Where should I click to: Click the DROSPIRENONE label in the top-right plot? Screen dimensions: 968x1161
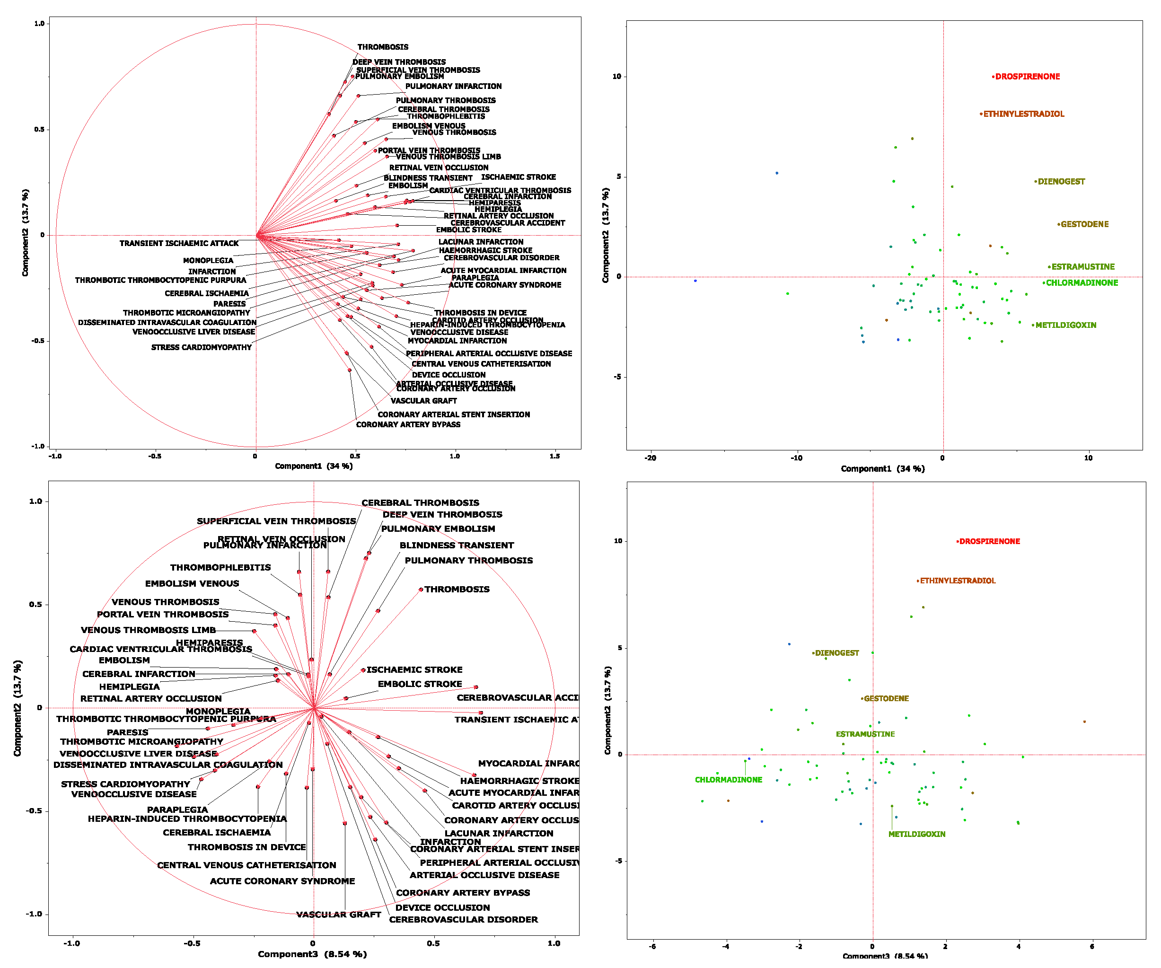[x=1027, y=77]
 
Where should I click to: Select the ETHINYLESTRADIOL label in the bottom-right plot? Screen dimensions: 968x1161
[x=957, y=581]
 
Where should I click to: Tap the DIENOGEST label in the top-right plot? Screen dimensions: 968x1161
[x=1061, y=181]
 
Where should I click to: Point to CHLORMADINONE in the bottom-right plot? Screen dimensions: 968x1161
[x=728, y=780]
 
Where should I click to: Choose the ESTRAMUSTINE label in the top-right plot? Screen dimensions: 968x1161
[x=1082, y=266]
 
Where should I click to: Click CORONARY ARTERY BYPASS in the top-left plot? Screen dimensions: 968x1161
[x=408, y=424]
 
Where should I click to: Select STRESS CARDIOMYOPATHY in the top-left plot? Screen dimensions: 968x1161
[x=201, y=347]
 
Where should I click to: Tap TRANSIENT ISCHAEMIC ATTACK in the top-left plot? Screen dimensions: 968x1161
[x=179, y=243]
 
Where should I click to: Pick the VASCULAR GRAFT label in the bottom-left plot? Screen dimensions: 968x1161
[x=338, y=915]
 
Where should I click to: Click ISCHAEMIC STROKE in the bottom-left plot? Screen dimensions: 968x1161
[x=414, y=669]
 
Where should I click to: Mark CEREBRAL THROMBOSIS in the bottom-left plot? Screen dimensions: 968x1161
[x=420, y=502]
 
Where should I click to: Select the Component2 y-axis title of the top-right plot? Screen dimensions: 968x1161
[x=606, y=235]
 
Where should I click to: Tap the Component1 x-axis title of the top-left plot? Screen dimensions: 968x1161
[x=314, y=466]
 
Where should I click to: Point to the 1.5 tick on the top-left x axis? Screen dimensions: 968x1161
[x=554, y=456]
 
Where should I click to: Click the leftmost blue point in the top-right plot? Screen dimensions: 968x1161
[x=695, y=281]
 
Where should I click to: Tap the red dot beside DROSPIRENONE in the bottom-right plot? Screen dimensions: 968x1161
[x=958, y=542]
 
